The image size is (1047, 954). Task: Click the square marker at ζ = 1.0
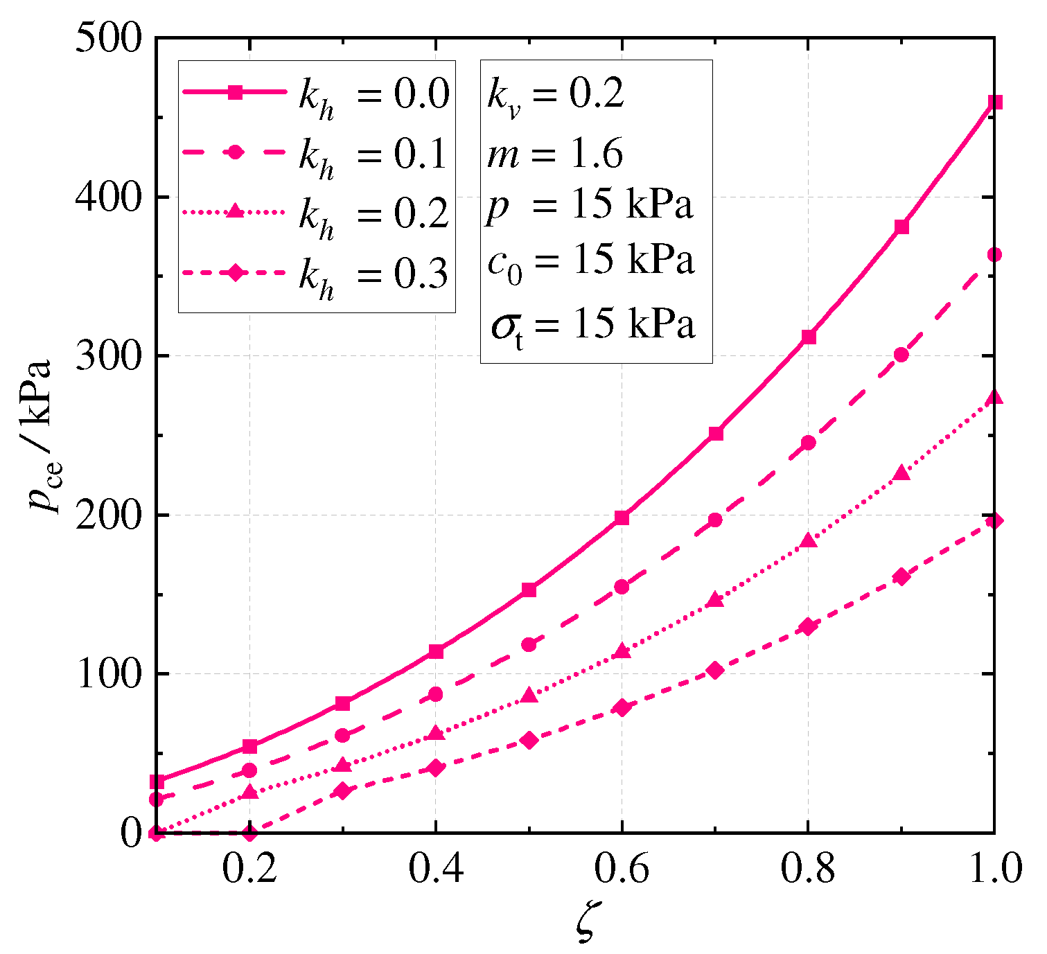[995, 103]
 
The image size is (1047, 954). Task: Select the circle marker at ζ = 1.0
[995, 255]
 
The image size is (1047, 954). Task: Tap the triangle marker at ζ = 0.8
[809, 541]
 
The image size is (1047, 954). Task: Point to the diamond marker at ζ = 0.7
[715, 670]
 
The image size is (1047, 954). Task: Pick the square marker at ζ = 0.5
[529, 590]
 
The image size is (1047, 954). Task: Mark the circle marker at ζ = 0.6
[622, 587]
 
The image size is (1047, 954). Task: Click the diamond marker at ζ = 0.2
[249, 832]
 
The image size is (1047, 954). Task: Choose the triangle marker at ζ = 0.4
[436, 733]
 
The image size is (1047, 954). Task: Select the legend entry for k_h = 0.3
[316, 274]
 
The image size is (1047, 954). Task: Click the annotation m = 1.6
[554, 153]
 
